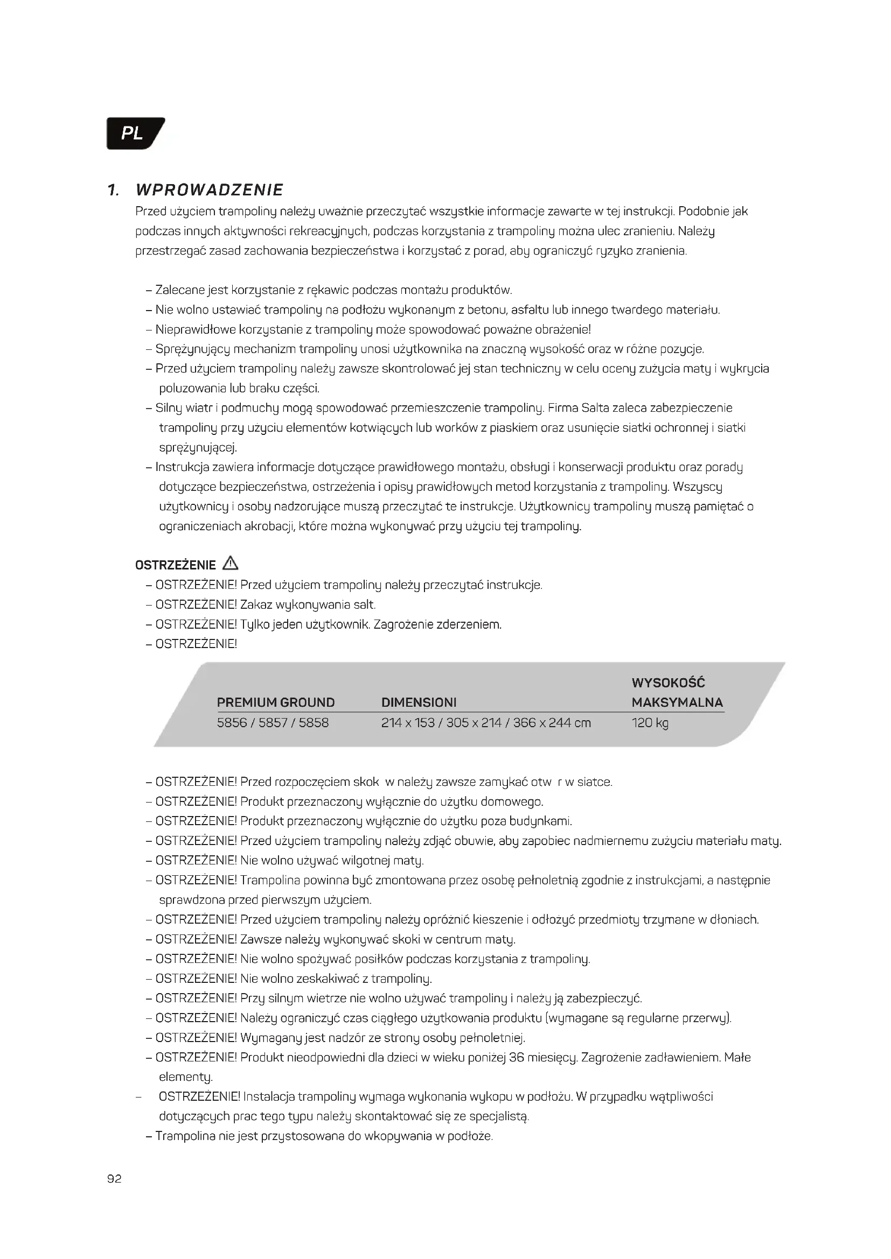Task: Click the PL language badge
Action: click(x=133, y=133)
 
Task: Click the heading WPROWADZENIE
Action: click(x=209, y=190)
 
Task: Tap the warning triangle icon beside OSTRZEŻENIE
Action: click(x=231, y=564)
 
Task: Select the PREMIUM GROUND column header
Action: click(x=275, y=702)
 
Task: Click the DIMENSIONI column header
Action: click(x=419, y=702)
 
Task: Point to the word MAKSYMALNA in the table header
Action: click(x=677, y=702)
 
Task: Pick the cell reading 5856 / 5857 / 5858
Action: click(x=273, y=723)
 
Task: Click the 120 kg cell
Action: click(x=650, y=723)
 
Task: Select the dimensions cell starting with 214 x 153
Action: click(x=485, y=723)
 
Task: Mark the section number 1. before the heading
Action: click(x=114, y=190)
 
